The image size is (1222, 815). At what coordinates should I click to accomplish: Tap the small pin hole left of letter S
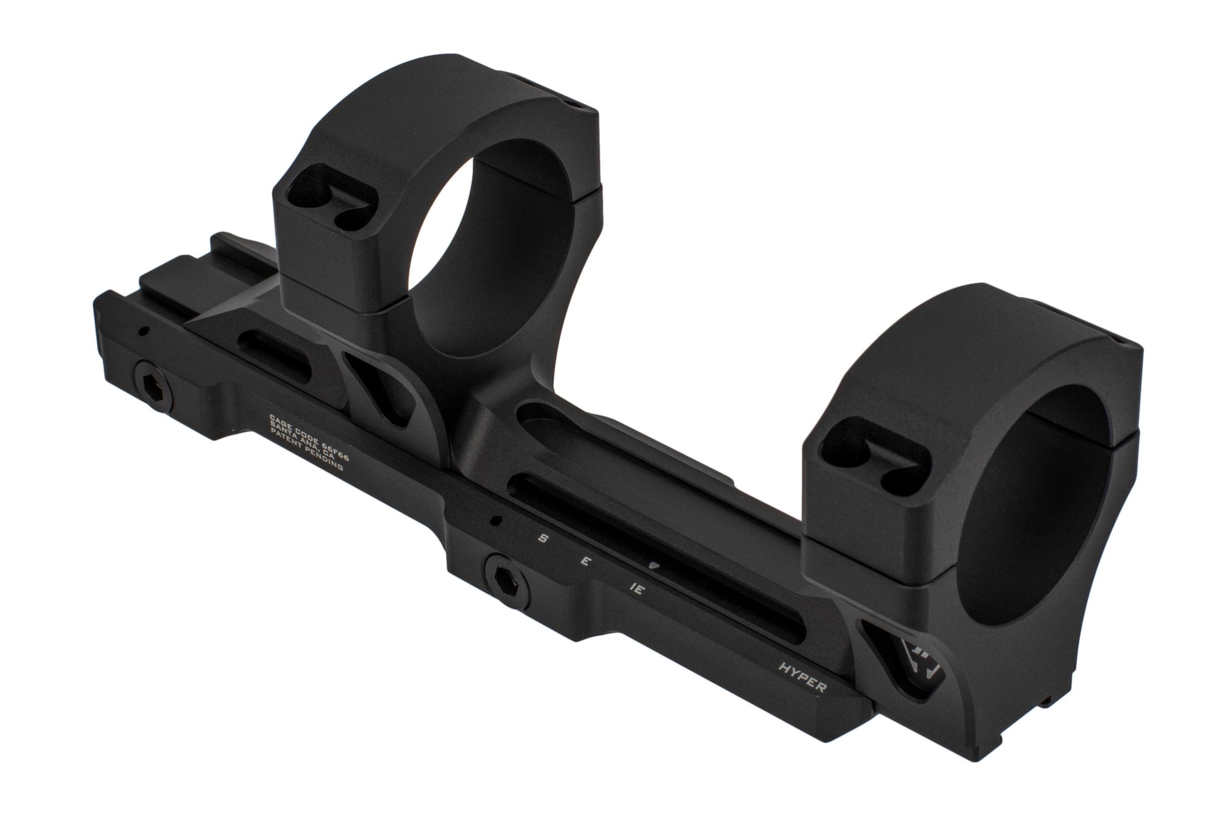coord(493,521)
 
